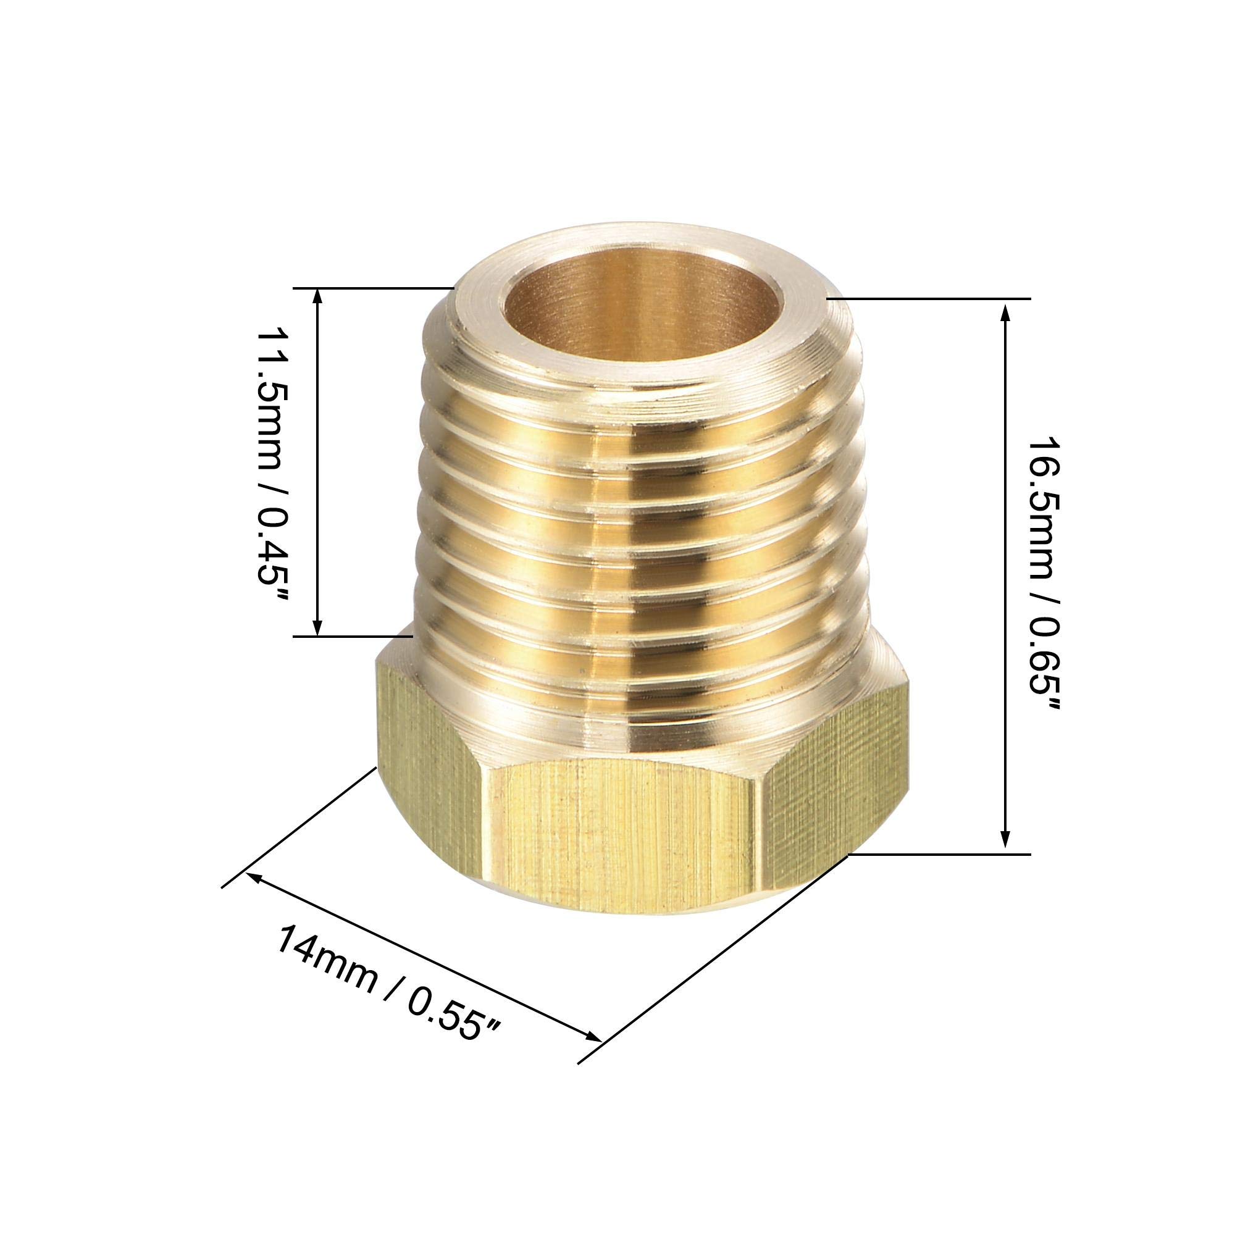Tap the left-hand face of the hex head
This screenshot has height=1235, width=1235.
click(432, 755)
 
